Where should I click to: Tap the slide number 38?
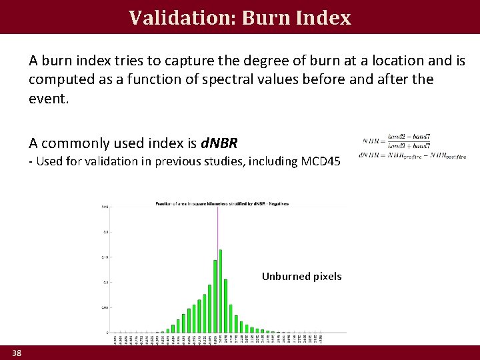coord(17,353)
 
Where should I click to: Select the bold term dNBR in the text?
coord(219,143)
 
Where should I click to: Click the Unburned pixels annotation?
coord(301,276)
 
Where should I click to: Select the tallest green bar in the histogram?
coord(221,291)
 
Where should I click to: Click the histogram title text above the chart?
coord(222,203)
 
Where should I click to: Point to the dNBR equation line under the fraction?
coord(412,156)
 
